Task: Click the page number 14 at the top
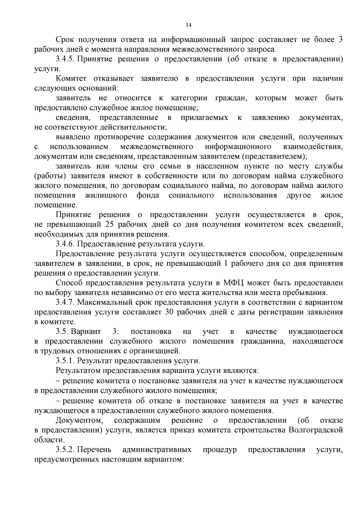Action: (x=188, y=25)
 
